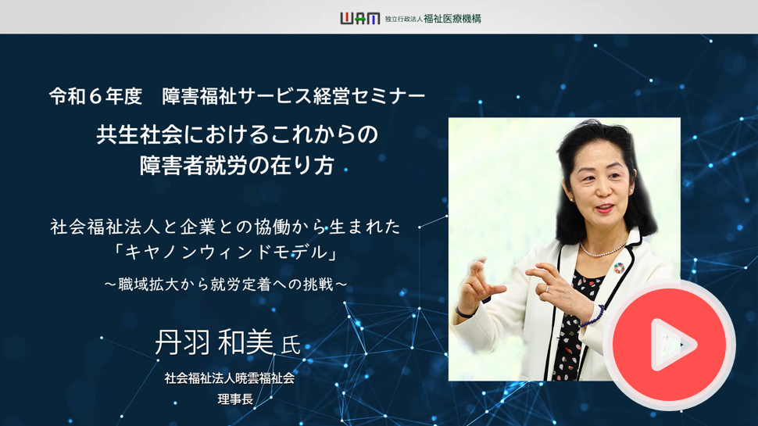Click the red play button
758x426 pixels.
point(670,344)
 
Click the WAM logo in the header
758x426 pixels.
point(360,19)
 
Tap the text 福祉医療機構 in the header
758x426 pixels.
point(452,19)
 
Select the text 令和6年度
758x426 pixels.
point(95,96)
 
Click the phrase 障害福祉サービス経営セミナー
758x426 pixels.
point(294,96)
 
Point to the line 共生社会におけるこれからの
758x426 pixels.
point(237,134)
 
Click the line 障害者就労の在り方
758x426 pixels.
point(237,166)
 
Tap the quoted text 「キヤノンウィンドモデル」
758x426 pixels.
point(226,252)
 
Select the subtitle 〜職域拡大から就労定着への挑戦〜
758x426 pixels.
point(226,285)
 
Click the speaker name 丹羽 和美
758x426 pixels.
point(214,342)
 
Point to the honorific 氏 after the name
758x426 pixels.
point(291,345)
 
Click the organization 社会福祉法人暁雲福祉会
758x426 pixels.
point(230,378)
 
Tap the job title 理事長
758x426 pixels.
point(235,399)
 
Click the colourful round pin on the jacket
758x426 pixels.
point(619,267)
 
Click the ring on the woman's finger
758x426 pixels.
point(547,288)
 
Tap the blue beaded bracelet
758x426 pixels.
point(593,317)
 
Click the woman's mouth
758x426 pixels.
point(604,209)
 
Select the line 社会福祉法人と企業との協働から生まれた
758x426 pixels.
point(226,227)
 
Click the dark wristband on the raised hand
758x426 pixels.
point(464,313)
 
